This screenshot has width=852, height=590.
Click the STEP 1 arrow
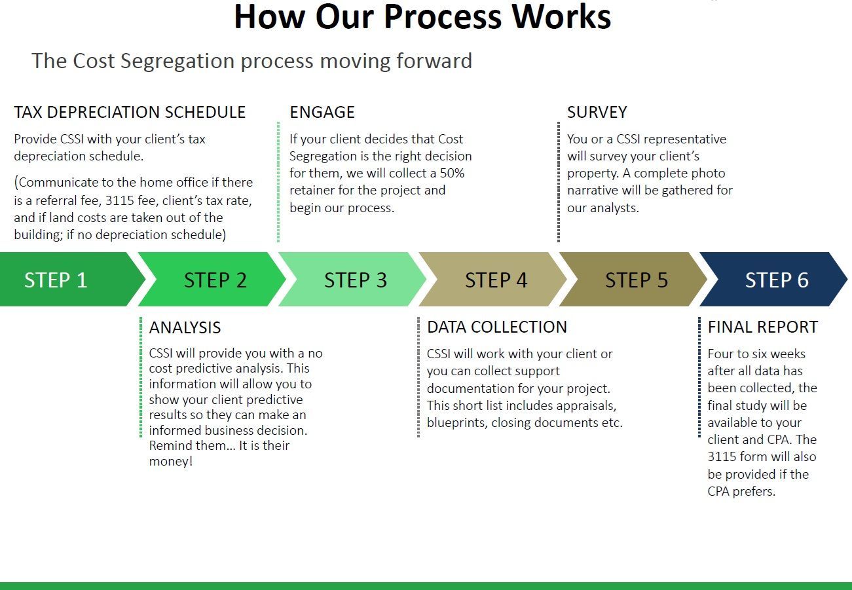pos(69,279)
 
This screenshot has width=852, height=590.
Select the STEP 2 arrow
pos(213,279)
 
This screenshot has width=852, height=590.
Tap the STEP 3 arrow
pos(354,279)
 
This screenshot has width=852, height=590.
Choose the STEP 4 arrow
pos(494,279)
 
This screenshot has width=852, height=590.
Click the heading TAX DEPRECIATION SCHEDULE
pos(130,112)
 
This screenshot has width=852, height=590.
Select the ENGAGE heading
pos(322,112)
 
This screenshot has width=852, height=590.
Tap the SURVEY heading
pos(597,112)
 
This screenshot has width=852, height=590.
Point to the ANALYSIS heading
pos(185,327)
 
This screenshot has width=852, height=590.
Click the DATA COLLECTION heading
pos(497,327)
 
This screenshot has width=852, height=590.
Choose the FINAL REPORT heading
pos(763,327)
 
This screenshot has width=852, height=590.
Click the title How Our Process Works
pos(422,17)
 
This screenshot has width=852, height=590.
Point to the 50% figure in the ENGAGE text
pos(453,173)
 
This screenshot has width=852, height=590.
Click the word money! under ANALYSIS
pos(171,462)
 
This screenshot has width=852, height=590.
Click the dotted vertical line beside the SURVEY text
pos(559,182)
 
